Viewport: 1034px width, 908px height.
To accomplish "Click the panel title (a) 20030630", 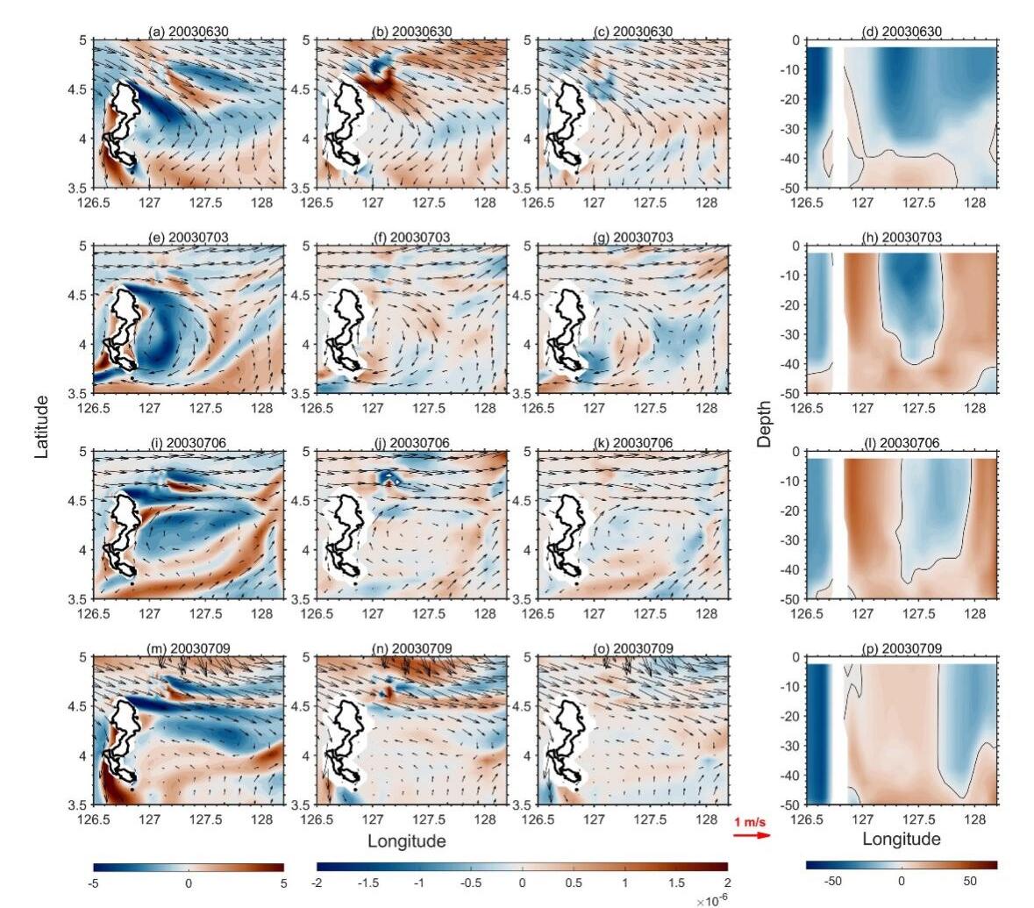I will coord(189,32).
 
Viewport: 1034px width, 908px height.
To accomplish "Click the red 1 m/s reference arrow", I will coord(752,835).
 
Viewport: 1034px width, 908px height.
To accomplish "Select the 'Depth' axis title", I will coord(766,425).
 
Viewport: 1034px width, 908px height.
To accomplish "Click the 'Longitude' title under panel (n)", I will coord(406,841).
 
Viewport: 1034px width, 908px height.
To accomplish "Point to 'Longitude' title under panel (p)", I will coord(902,839).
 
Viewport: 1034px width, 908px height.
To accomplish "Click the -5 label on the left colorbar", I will coord(95,883).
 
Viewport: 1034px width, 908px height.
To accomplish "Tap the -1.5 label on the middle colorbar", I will coord(370,883).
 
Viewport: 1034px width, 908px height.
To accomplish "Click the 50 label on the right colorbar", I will coord(970,880).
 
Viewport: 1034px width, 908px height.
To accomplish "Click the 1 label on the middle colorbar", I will coord(625,883).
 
